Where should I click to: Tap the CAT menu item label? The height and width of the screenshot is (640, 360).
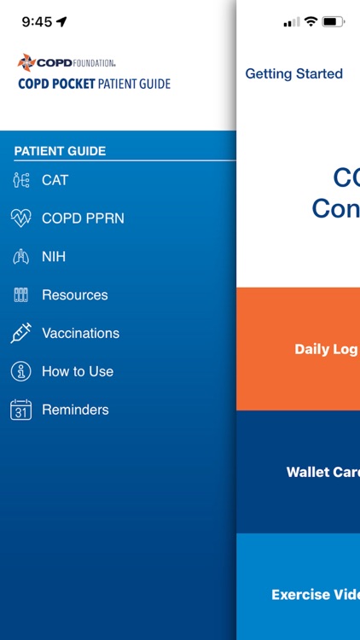pos(55,180)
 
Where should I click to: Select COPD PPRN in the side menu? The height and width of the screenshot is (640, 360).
pos(83,218)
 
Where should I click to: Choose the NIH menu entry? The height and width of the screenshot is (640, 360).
pos(54,257)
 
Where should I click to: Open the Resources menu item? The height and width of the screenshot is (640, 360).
pos(75,295)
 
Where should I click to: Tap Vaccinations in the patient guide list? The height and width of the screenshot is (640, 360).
pos(80,334)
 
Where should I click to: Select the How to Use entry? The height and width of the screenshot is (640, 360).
pos(78,372)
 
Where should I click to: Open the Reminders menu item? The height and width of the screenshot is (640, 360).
pos(75,410)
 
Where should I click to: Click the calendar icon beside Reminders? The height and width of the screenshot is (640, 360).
pos(20,410)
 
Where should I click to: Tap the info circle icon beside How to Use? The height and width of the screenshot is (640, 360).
pos(20,372)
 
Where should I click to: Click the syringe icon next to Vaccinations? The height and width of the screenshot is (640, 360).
pos(20,334)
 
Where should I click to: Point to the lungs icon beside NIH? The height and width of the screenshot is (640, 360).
pos(20,257)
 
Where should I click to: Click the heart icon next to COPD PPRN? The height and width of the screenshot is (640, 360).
pos(20,218)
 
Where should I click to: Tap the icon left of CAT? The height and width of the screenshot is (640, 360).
pos(20,180)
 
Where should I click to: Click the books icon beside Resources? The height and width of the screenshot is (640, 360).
pos(20,295)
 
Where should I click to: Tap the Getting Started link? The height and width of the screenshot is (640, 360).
pos(293,74)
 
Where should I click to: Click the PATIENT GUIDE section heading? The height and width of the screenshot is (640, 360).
pos(60,151)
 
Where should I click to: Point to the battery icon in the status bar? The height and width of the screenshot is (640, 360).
pos(334,22)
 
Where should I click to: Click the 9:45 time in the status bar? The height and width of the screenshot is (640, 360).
pos(37,22)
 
